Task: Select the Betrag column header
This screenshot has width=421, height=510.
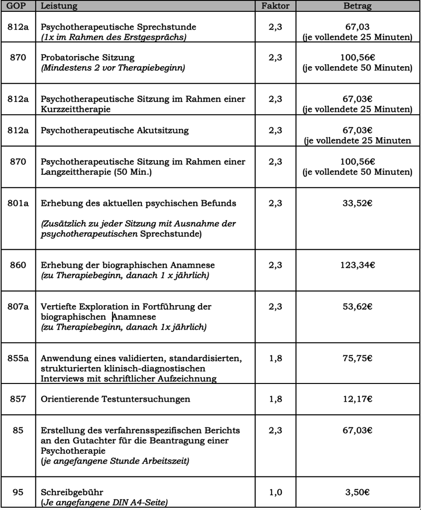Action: [358, 6]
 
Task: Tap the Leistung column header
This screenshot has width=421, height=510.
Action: [58, 6]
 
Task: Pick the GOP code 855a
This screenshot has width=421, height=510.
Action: [18, 359]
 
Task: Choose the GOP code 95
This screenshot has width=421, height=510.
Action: [18, 492]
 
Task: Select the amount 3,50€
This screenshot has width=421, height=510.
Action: [358, 492]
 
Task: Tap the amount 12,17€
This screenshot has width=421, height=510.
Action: [358, 399]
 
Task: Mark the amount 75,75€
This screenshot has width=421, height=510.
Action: [358, 359]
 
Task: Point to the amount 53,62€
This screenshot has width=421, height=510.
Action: [358, 307]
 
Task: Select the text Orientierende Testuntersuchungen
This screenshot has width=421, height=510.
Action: [115, 399]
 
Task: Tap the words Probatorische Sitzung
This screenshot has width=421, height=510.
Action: [88, 58]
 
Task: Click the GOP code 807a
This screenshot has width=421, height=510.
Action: [18, 307]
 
